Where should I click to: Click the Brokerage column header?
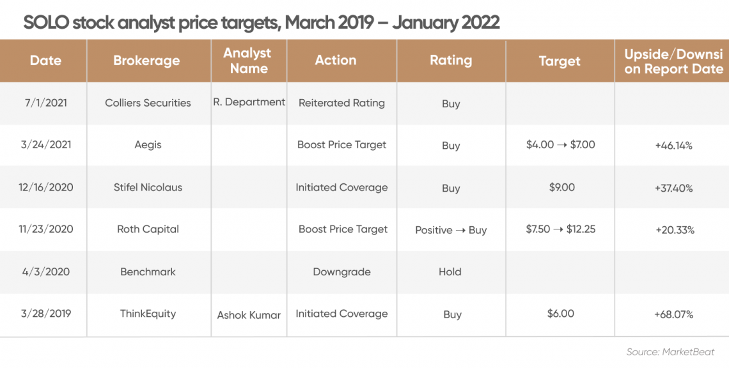(146, 61)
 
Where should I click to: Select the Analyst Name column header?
(249, 61)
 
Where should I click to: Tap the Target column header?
(560, 61)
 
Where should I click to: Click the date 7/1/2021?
(46, 103)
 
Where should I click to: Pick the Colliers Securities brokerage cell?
(148, 103)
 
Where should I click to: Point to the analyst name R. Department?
(249, 102)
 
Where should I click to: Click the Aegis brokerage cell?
(148, 145)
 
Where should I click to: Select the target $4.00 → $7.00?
(561, 144)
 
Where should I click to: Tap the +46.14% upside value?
(673, 146)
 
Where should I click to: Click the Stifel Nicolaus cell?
(148, 187)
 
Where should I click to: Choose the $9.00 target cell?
(561, 187)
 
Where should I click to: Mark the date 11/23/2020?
(46, 229)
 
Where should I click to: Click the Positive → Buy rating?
(451, 231)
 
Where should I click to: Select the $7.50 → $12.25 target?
(561, 229)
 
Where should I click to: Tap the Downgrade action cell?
(341, 272)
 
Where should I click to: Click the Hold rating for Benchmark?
(450, 272)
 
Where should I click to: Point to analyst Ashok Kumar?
(249, 315)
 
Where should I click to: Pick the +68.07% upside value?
(673, 314)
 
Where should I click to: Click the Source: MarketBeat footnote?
(670, 352)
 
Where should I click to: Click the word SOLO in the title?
(46, 22)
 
